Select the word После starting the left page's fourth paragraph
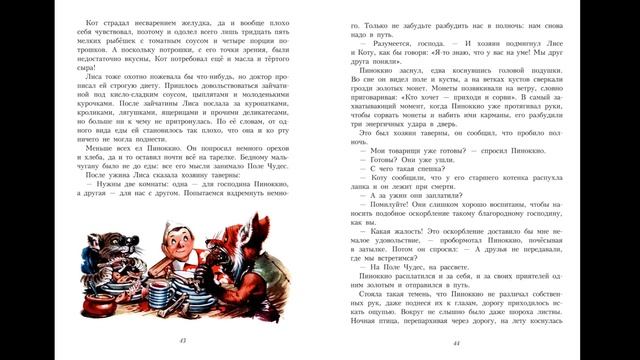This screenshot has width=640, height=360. tap(74, 201)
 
